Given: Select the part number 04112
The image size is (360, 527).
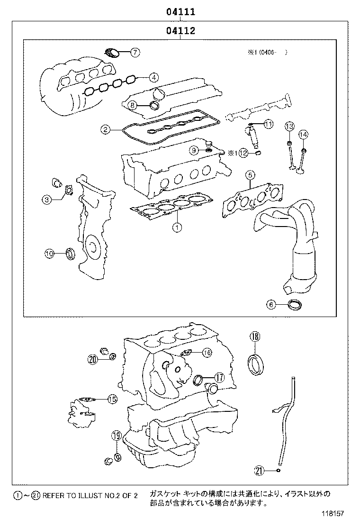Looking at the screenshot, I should point(180,31).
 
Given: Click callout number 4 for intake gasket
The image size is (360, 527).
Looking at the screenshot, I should point(153,77).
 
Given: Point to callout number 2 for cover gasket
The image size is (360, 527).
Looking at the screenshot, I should point(105,128).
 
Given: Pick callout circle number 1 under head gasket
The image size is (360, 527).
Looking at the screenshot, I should point(176,228).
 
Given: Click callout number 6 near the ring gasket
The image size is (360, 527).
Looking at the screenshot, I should point(271,305).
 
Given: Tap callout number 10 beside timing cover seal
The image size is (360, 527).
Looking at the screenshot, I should point(50,254).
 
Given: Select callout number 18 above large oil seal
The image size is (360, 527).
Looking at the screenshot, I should point(255,337).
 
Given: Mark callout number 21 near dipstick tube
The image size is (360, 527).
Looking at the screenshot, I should point(259,471).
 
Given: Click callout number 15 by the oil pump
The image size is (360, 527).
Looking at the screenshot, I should point(112,400).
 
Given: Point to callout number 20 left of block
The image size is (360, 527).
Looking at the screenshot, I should point(92,360).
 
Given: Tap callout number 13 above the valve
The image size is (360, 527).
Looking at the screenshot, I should point(289,126).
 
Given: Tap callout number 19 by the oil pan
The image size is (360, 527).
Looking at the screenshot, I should point(117,436).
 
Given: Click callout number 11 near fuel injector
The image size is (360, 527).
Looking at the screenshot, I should point(268,125).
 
